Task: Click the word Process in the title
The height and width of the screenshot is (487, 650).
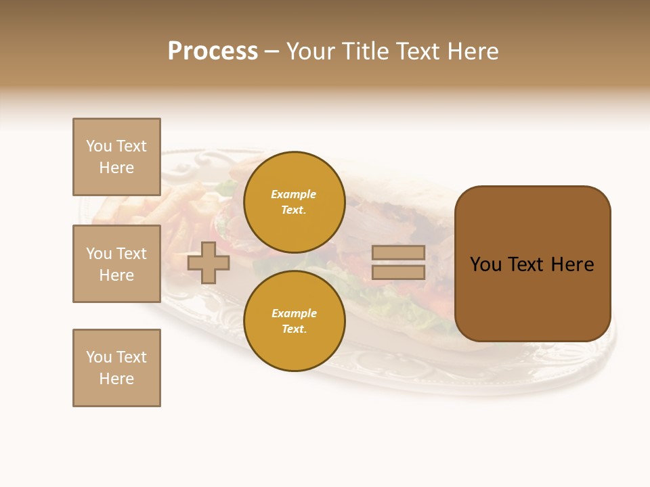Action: point(213,51)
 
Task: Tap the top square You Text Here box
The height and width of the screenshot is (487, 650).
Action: point(116,157)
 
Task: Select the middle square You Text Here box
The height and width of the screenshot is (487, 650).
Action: point(116,264)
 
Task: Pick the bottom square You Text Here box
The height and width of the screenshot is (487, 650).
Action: point(116,368)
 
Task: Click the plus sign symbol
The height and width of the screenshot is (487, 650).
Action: point(209,262)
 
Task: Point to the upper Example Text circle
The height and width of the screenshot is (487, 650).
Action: point(294,202)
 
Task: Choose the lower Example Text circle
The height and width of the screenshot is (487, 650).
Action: point(294,321)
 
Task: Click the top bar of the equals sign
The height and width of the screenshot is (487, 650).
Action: point(398,253)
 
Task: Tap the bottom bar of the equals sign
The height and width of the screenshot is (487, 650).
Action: point(398,272)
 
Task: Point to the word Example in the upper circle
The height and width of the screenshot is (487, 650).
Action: point(294,194)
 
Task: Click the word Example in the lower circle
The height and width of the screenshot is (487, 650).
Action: point(294,313)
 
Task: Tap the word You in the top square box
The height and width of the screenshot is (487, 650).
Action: point(99,146)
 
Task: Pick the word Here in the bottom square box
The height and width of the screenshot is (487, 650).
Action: point(116,379)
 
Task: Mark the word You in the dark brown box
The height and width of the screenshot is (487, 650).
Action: point(486,264)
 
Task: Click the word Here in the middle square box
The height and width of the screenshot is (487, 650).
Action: point(116,275)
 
